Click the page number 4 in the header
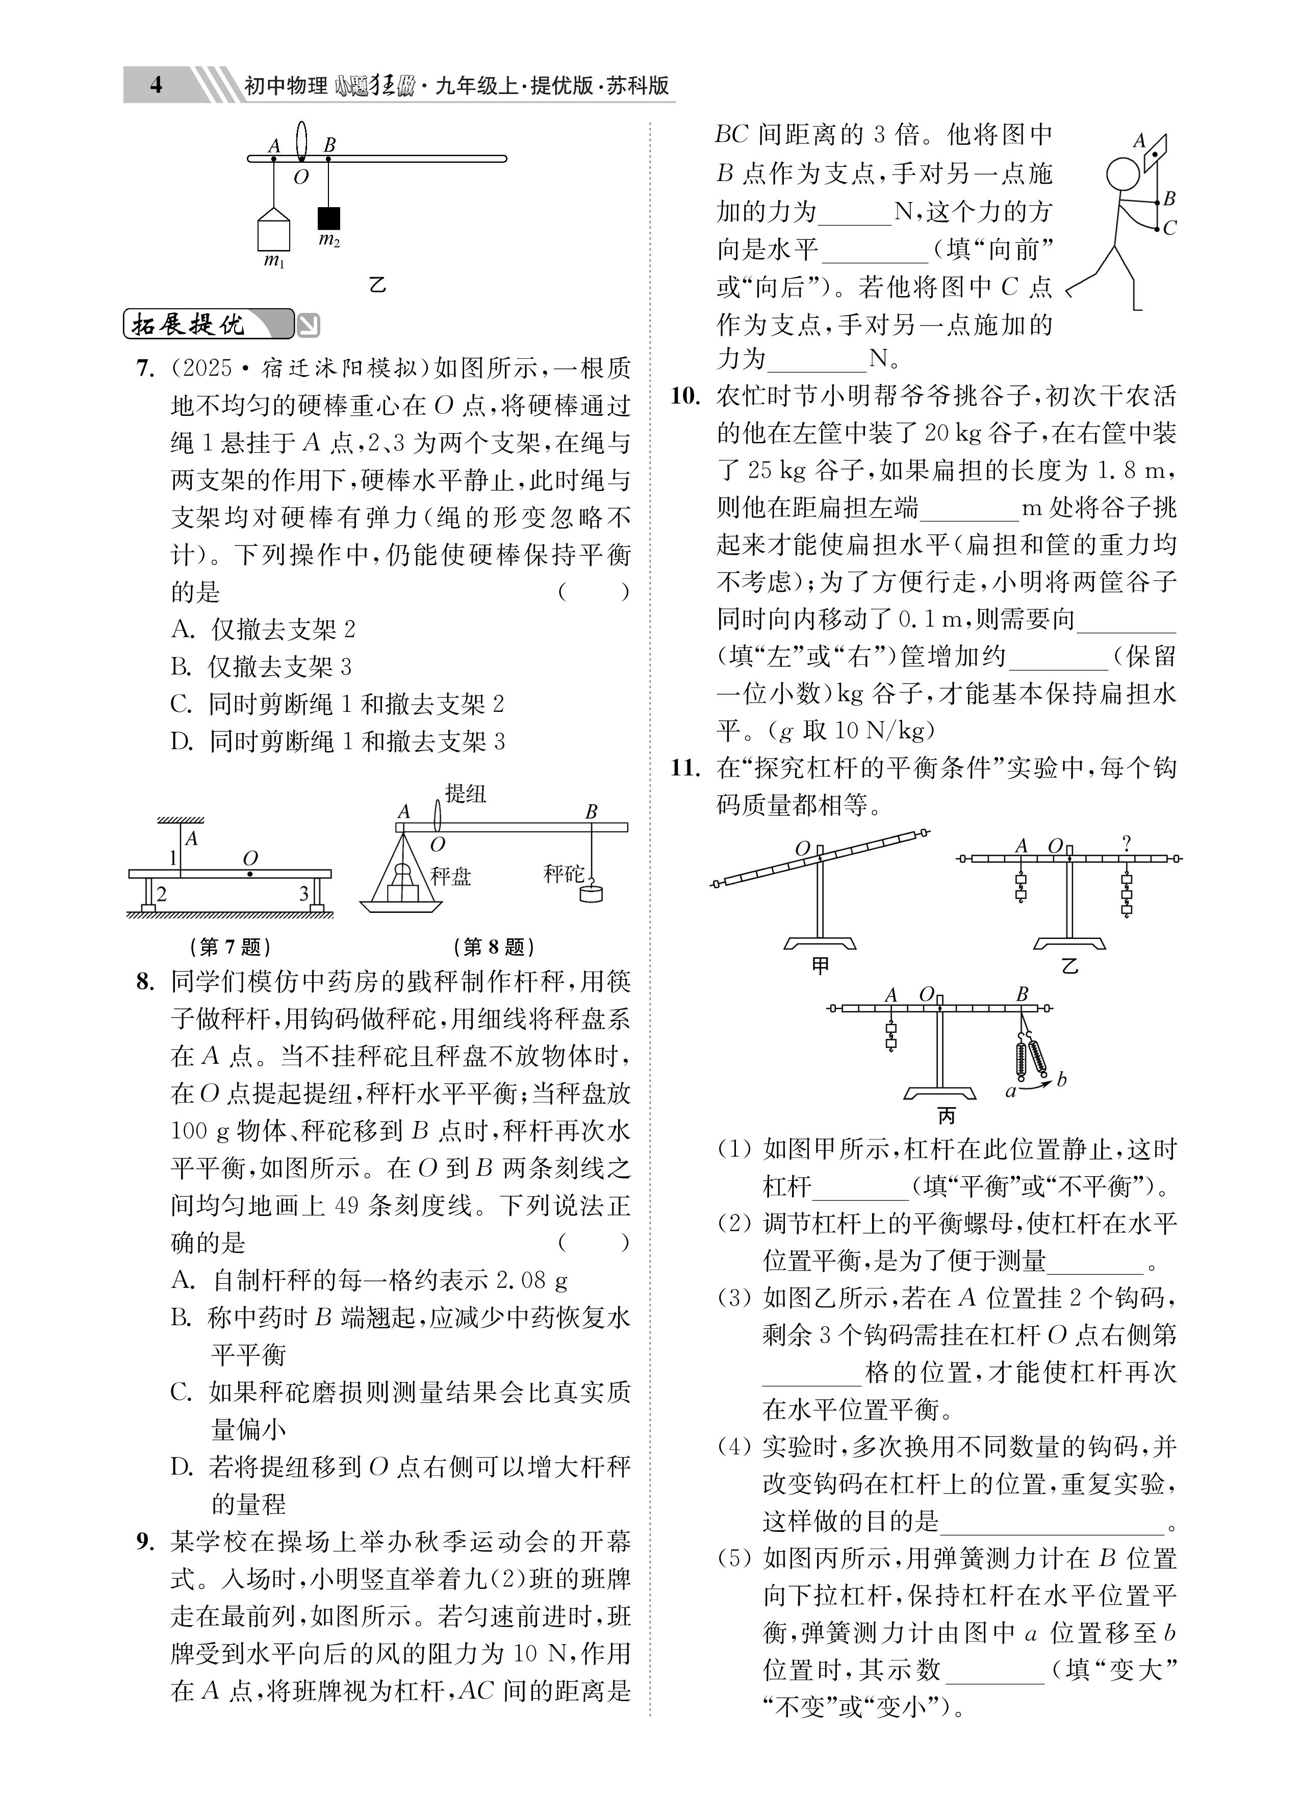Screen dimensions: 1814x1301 pyautogui.click(x=156, y=85)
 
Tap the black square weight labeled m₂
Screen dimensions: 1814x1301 pyautogui.click(x=328, y=217)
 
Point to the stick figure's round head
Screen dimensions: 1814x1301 pyautogui.click(x=1123, y=175)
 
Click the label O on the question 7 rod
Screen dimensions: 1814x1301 pyautogui.click(x=250, y=858)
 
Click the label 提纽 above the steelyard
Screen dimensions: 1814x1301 pyautogui.click(x=466, y=793)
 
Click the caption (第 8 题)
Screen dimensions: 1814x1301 pyautogui.click(x=493, y=947)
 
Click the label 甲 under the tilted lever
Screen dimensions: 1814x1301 pyautogui.click(x=821, y=965)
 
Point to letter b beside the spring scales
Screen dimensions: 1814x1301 pyautogui.click(x=1061, y=1079)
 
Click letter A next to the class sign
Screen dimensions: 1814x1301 pyautogui.click(x=1139, y=141)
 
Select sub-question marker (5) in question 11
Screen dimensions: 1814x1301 pyautogui.click(x=734, y=1558)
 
